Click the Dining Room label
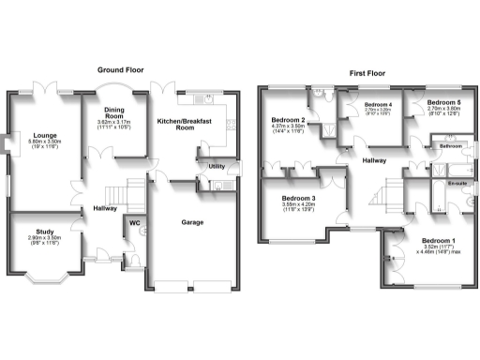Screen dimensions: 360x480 click(115, 113)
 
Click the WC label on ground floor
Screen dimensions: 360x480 click(134, 223)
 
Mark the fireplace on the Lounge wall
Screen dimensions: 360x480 click(7, 145)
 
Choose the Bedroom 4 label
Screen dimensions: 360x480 click(377, 104)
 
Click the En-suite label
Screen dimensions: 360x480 click(457, 185)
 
